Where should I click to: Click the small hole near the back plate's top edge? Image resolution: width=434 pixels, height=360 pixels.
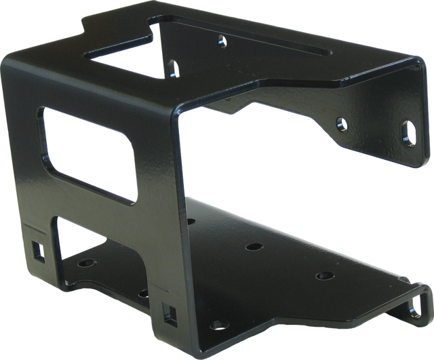tap(220, 41)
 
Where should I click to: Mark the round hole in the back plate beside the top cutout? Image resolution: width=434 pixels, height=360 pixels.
tap(174, 66)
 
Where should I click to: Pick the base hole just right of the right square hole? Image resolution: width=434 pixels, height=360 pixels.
tap(197, 324)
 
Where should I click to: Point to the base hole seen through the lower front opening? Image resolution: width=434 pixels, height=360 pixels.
tap(86, 260)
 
